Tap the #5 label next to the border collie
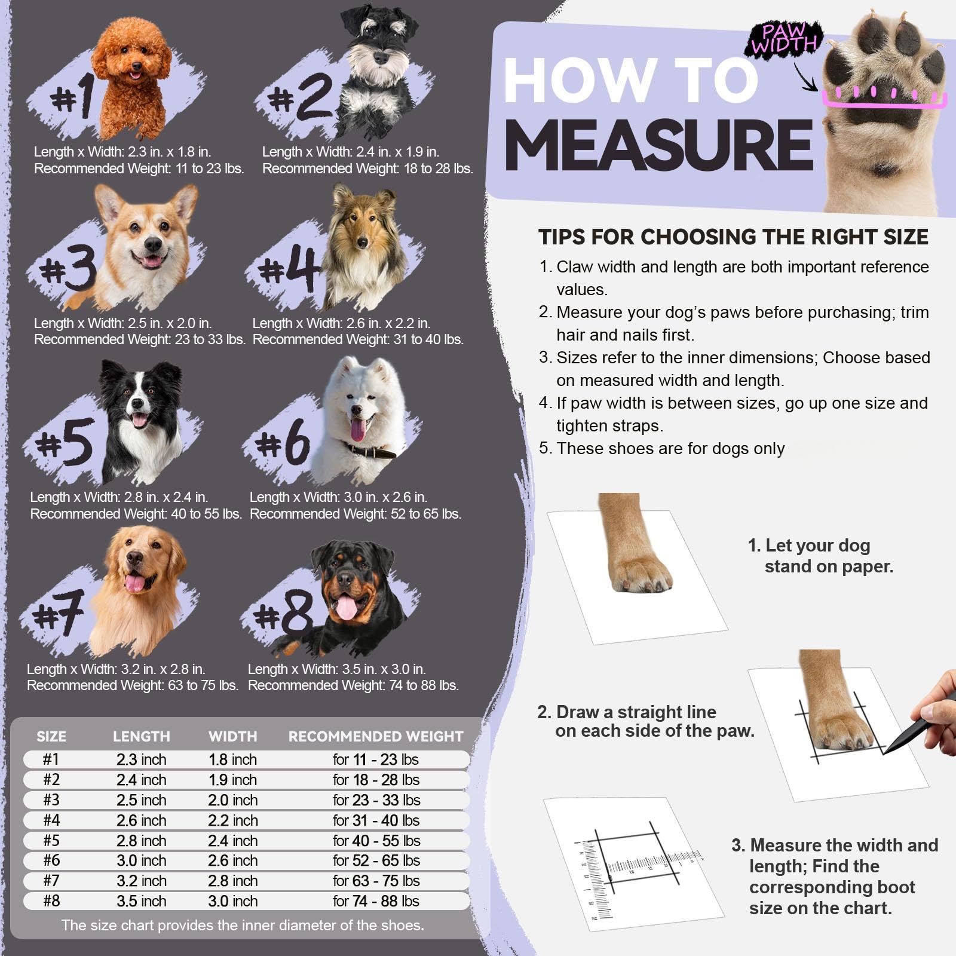click(x=65, y=443)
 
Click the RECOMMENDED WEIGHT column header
click(x=376, y=736)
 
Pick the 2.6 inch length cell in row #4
click(x=142, y=820)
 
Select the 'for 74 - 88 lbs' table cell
click(x=376, y=901)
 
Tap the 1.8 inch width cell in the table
click(x=232, y=759)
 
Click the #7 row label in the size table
click(x=51, y=881)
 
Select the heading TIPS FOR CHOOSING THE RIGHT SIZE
click(x=733, y=237)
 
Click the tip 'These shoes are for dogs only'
click(x=670, y=449)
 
